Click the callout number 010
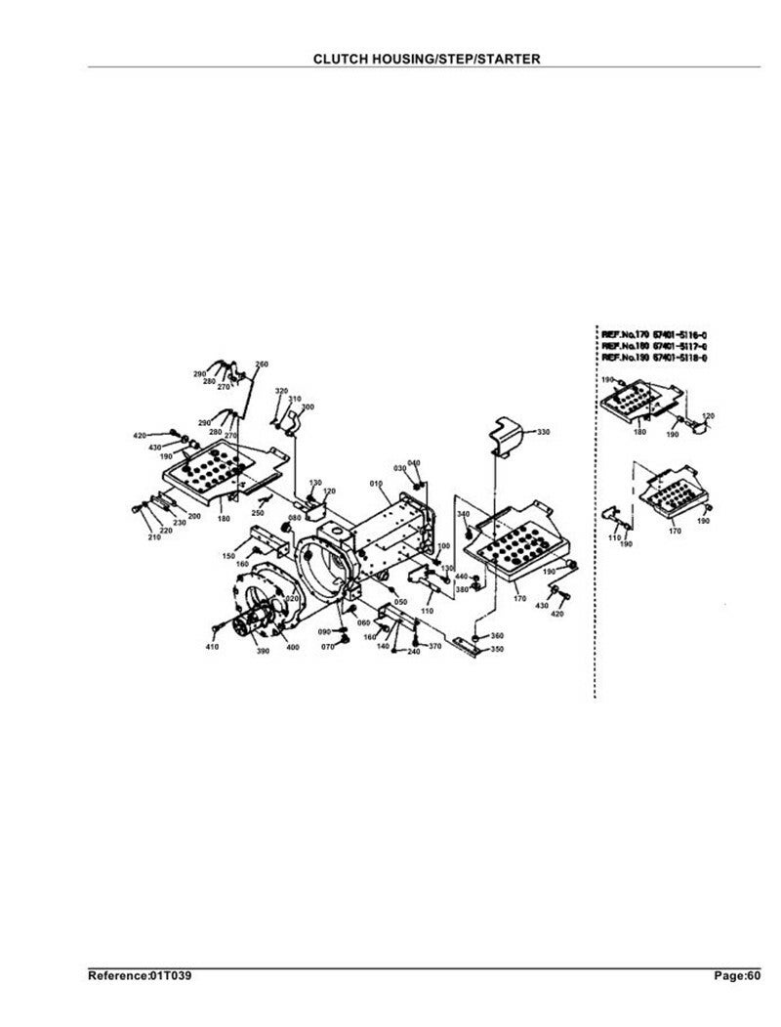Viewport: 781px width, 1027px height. pos(375,484)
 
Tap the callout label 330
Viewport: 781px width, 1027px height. pos(544,432)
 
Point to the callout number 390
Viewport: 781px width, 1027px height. pos(263,650)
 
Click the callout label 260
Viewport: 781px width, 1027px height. pos(262,364)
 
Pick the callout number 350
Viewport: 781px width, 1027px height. pos(497,649)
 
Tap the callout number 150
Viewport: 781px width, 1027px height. pos(228,556)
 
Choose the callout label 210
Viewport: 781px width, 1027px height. pos(153,537)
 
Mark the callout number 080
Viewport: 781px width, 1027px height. pos(294,518)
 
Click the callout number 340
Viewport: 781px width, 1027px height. pos(463,513)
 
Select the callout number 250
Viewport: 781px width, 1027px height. pos(258,512)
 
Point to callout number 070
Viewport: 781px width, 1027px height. pos(329,646)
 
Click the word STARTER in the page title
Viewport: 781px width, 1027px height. pos(506,59)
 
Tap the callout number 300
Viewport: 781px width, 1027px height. pos(308,406)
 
